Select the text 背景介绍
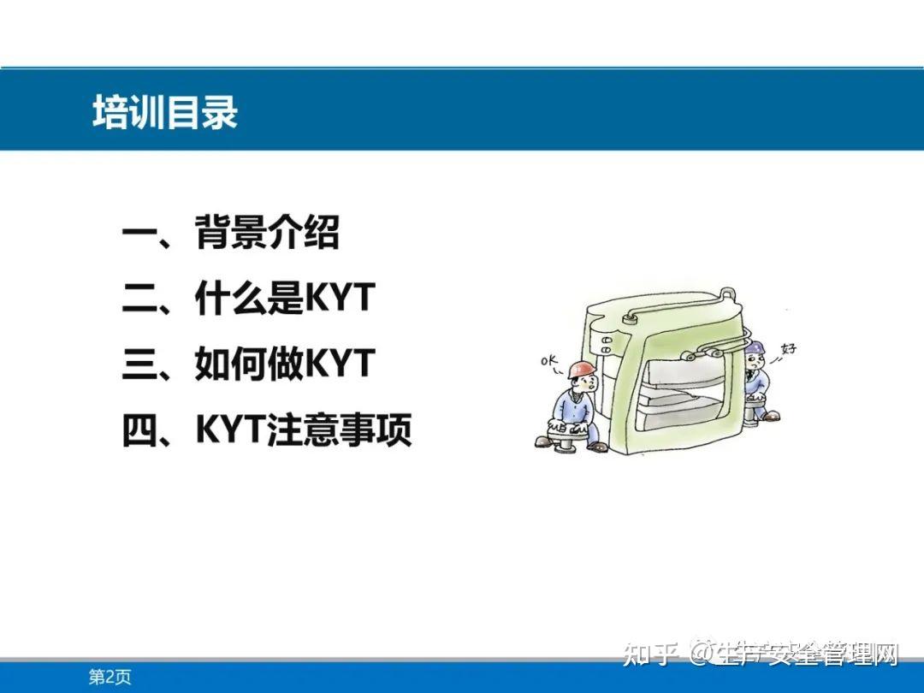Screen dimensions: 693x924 (x=267, y=233)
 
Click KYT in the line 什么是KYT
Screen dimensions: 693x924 (x=341, y=299)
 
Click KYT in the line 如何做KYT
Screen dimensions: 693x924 (x=341, y=364)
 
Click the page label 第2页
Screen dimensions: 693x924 (x=110, y=678)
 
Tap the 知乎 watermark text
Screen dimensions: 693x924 (x=652, y=655)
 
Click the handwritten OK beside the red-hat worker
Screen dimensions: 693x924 (x=548, y=361)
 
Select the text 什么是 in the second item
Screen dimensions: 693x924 (x=250, y=299)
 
